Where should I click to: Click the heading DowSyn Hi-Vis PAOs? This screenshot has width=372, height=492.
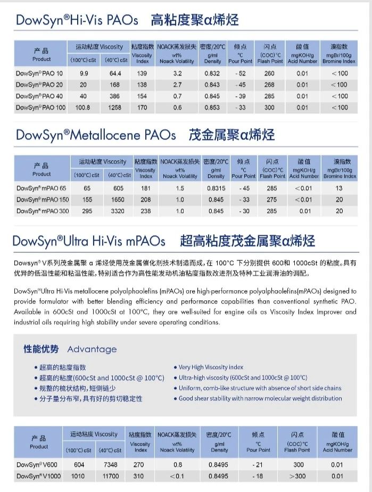pos(77,21)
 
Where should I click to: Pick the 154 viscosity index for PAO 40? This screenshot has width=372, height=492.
pos(142,96)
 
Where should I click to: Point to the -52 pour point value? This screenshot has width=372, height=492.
pos(240,73)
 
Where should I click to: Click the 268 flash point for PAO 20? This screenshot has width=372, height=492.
pos(269,85)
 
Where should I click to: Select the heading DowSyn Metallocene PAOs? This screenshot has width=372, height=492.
pos(96,135)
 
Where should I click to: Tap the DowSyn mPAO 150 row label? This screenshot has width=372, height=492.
pos(43,200)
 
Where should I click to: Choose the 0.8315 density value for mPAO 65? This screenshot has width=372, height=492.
pos(216,188)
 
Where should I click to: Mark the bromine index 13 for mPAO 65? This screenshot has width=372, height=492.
pos(339,188)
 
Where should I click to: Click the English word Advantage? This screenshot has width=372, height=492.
pos(92,349)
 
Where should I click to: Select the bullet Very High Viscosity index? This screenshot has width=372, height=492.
pos(211,367)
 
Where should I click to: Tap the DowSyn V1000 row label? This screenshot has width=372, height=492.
pos(38,476)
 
